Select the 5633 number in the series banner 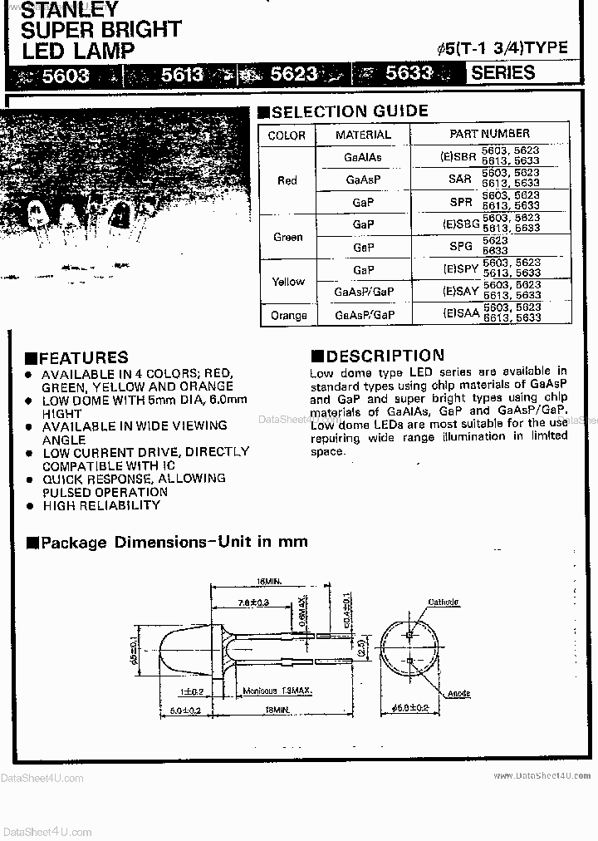[409, 73]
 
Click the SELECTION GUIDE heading [350, 111]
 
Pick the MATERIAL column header [363, 135]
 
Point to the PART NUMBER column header [489, 133]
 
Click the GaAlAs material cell [363, 157]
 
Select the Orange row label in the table [288, 315]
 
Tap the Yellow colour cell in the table [288, 282]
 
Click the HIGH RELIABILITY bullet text [101, 505]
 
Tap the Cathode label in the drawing [444, 602]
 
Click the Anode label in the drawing [459, 693]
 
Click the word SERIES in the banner [502, 72]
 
